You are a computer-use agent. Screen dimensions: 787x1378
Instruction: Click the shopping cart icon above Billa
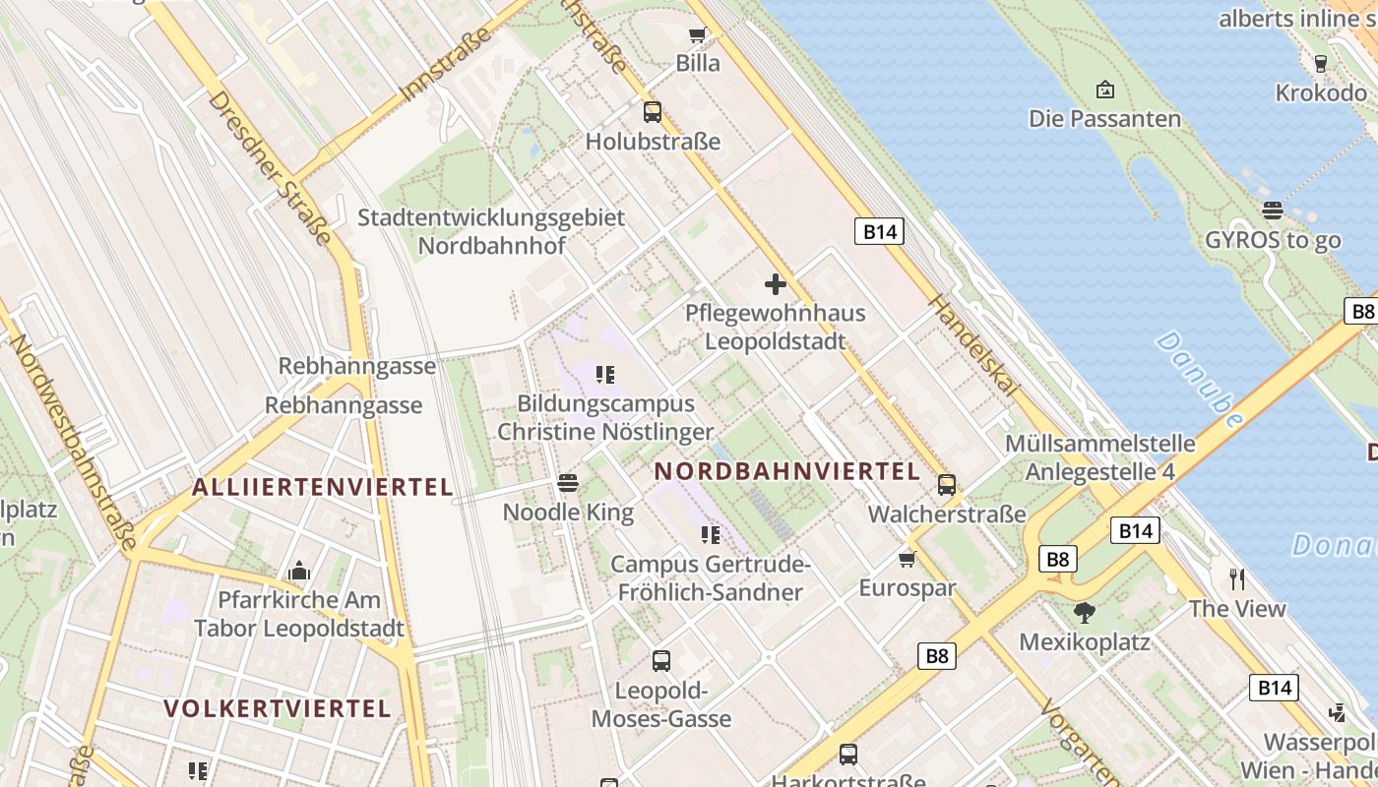697,36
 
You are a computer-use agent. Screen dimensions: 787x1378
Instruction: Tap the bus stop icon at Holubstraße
653,112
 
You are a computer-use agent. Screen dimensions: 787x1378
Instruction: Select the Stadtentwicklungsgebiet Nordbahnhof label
491,231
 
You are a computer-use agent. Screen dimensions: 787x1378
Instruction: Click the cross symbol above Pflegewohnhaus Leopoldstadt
776,284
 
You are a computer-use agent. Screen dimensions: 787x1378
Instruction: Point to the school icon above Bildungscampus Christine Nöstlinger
605,375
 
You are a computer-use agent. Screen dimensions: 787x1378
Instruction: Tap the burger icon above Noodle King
567,483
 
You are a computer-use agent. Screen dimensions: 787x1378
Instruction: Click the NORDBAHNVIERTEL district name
787,471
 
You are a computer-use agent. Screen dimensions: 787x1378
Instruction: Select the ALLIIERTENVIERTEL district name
323,486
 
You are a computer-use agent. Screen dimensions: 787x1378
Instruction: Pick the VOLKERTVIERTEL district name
278,708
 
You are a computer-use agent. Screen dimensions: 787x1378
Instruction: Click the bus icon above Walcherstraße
947,485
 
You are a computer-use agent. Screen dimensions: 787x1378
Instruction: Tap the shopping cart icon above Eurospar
907,560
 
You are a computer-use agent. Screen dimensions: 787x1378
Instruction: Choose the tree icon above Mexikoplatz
1084,613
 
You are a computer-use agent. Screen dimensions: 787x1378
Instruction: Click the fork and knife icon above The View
1237,579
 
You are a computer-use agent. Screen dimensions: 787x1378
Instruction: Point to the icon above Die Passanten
1104,91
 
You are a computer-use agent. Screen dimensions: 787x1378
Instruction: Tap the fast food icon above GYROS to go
1273,211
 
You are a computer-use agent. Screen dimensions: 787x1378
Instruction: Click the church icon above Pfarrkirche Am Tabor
298,572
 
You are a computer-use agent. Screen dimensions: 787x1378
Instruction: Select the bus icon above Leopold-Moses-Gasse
661,661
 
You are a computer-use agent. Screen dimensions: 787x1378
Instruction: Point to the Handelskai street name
971,344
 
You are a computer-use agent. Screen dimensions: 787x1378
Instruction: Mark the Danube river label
1200,379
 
